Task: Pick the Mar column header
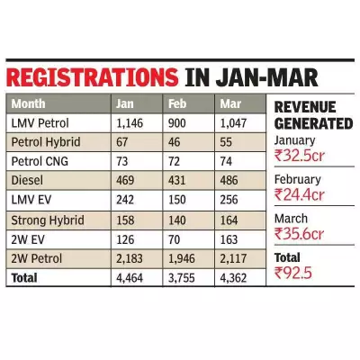(x=229, y=103)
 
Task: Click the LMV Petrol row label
(x=40, y=122)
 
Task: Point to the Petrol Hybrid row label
(x=46, y=142)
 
